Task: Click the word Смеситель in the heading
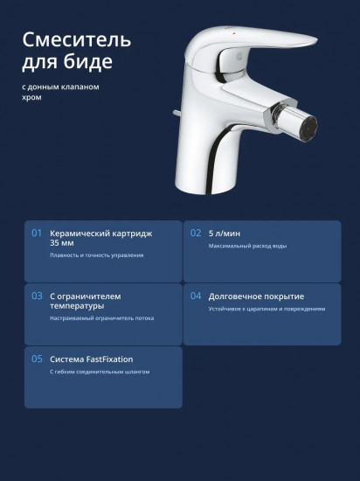[77, 40]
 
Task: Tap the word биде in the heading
[88, 62]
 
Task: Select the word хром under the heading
[31, 98]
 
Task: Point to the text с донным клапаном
[60, 87]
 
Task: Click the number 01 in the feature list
[37, 234]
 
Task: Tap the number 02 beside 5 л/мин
[196, 234]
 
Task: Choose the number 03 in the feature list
[37, 296]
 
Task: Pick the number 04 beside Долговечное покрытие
[196, 296]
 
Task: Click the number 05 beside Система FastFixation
[37, 359]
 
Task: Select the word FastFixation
[110, 359]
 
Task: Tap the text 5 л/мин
[225, 234]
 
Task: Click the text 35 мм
[62, 243]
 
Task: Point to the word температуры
[77, 306]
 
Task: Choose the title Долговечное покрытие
[256, 296]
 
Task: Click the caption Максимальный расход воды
[247, 246]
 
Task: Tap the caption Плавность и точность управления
[96, 255]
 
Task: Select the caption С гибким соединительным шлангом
[100, 372]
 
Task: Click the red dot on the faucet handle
[234, 31]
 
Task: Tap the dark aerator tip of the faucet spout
[308, 129]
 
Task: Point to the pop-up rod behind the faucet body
[177, 113]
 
